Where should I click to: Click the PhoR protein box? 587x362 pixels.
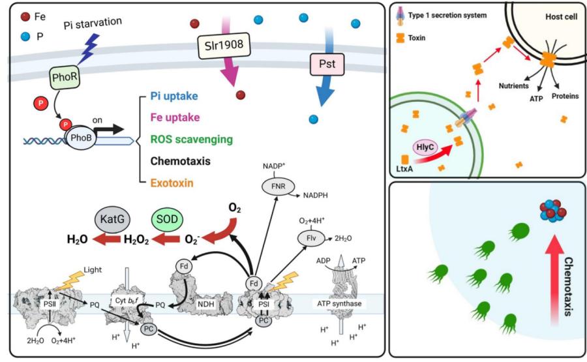point(65,77)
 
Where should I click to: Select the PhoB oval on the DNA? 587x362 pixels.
point(82,138)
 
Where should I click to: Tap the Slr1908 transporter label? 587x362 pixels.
point(224,46)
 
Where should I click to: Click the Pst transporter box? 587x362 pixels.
point(327,64)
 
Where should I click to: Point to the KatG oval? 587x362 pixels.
point(112,219)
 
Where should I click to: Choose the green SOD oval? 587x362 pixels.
point(167,219)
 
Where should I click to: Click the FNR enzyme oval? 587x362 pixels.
point(278,186)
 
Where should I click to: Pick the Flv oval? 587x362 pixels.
point(311,237)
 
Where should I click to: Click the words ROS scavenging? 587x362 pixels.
point(192,140)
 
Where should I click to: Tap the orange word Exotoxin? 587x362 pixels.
point(172,183)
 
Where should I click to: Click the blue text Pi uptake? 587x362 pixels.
point(174,96)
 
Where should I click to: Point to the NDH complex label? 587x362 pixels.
point(206,304)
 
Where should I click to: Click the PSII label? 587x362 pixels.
point(50,304)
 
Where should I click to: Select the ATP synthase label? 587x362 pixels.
point(339,303)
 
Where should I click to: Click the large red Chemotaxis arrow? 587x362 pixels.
point(554,282)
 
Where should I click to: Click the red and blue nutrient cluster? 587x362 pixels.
point(552,211)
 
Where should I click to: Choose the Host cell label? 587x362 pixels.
point(561,16)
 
